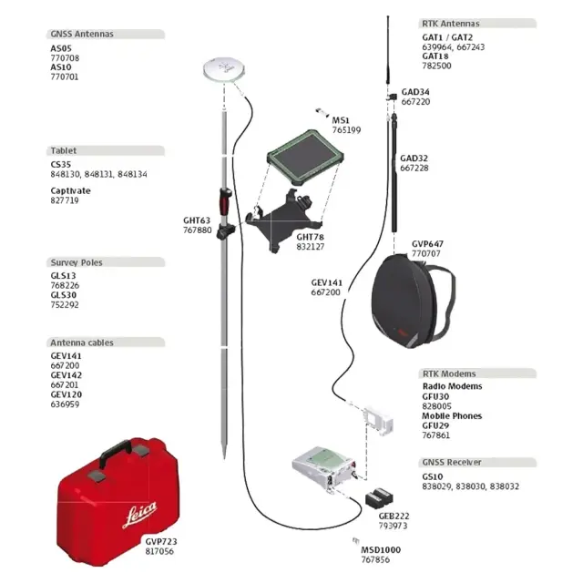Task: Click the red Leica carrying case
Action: (x=117, y=502)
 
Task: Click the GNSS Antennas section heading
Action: (x=82, y=35)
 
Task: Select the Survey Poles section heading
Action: (x=77, y=262)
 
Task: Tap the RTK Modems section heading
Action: (x=449, y=373)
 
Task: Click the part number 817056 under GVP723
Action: (x=159, y=551)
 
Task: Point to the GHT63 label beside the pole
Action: (x=197, y=220)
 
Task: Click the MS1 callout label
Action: (x=340, y=120)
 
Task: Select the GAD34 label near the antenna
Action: (x=415, y=92)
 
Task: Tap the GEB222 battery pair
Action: (x=378, y=499)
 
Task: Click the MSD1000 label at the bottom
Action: (x=381, y=549)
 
